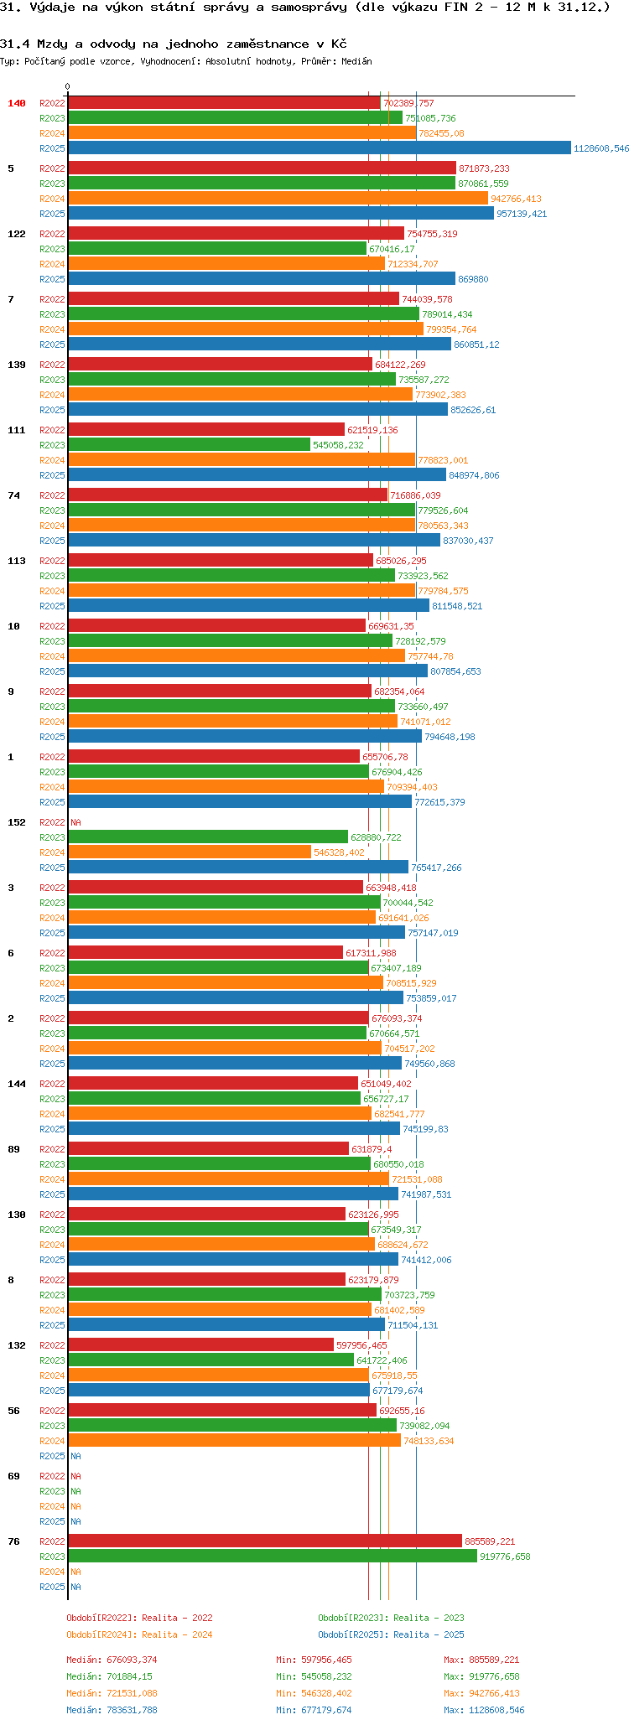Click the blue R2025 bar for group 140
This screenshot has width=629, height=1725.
point(319,148)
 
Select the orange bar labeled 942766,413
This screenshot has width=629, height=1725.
point(278,199)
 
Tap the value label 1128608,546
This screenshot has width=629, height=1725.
point(600,148)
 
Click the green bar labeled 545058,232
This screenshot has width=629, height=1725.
point(189,445)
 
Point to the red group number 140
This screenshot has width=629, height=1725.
point(17,103)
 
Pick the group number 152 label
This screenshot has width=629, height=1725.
point(17,822)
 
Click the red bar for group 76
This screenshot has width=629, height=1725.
point(264,1541)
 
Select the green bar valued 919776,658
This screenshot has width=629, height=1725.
point(272,1557)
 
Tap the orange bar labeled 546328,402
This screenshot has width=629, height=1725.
point(189,852)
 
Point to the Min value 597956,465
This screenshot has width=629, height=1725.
point(326,1660)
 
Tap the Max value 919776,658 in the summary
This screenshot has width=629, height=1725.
point(495,1676)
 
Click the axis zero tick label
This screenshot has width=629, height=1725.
point(68,86)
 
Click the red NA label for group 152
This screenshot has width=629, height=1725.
point(75,822)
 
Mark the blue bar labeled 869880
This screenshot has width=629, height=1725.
point(261,279)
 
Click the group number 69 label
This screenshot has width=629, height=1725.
point(13,1476)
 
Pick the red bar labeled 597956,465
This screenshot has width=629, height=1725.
point(200,1345)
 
